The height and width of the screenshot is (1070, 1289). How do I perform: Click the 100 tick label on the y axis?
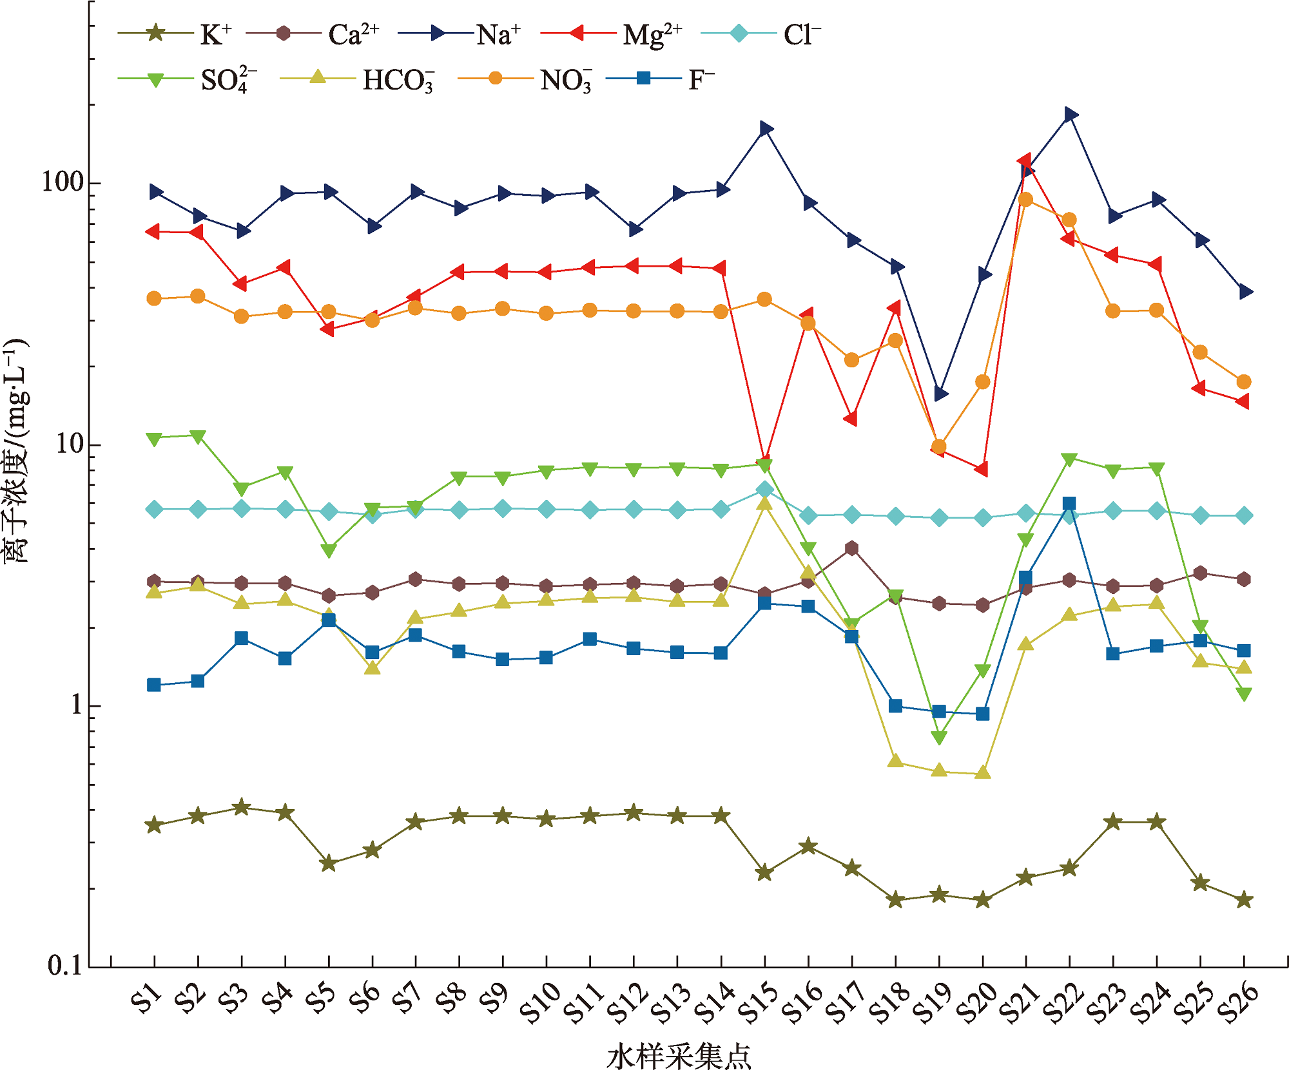(x=63, y=182)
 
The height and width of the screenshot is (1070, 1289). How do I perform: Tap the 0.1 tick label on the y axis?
(x=65, y=966)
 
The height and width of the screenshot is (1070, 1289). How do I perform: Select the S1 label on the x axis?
(x=146, y=999)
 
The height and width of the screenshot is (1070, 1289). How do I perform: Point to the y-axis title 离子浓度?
(x=15, y=451)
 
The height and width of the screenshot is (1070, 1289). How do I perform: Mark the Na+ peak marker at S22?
(x=1071, y=115)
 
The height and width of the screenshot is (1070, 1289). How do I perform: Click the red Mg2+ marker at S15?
(x=764, y=460)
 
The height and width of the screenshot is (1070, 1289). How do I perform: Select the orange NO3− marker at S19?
(x=939, y=446)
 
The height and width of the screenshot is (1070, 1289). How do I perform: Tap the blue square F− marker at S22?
(x=1069, y=504)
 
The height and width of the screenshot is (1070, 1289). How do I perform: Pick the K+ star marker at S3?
(x=242, y=807)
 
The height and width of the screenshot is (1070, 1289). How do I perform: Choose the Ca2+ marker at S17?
(x=852, y=548)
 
